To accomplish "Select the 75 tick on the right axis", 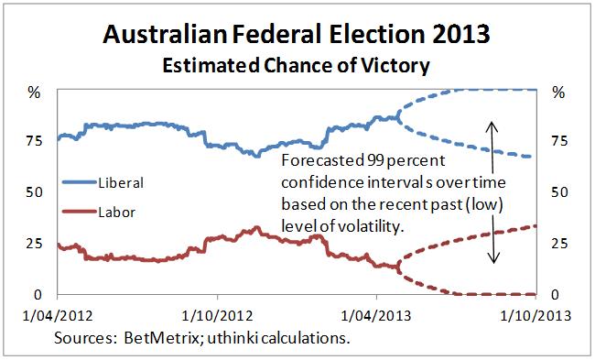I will [x=555, y=140].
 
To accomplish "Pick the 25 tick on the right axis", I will [x=555, y=243].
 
